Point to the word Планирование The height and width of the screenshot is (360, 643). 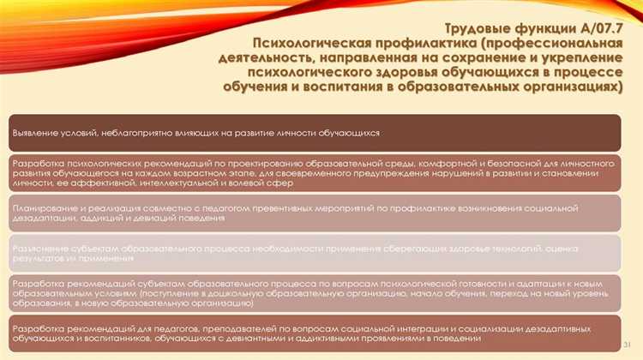42,208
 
